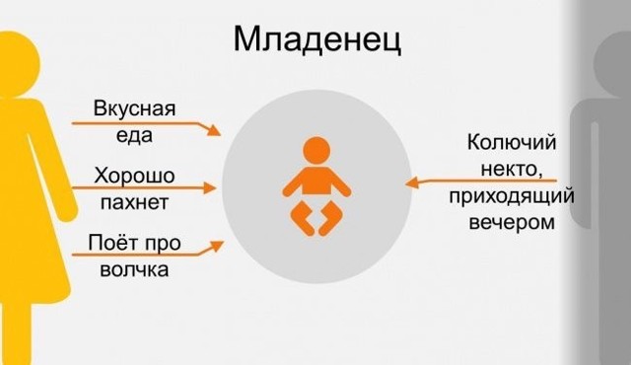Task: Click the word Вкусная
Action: pyautogui.click(x=134, y=109)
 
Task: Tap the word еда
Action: pyautogui.click(x=134, y=136)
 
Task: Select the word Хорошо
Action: pyautogui.click(x=134, y=176)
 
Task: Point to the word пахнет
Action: pyautogui.click(x=134, y=203)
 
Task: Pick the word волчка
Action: pyautogui.click(x=134, y=268)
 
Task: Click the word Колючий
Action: pyautogui.click(x=506, y=144)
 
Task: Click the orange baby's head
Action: pyautogui.click(x=315, y=151)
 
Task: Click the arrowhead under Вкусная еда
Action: pyautogui.click(x=215, y=131)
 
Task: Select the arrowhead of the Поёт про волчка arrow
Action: pyautogui.click(x=217, y=243)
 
